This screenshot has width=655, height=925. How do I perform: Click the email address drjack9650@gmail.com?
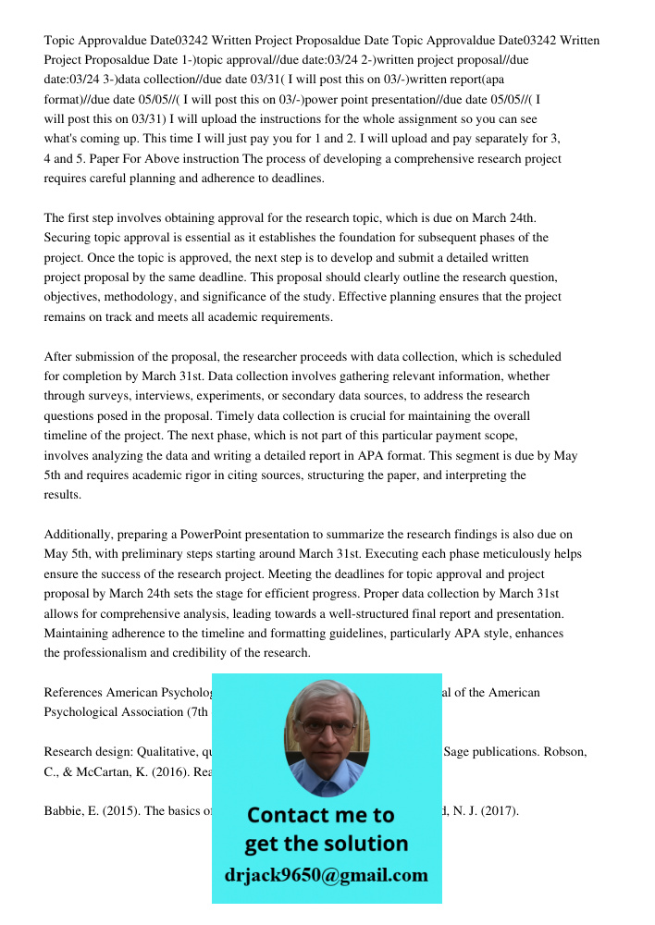[327, 875]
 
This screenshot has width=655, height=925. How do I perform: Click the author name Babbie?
[65, 811]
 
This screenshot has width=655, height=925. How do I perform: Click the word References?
[73, 692]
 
